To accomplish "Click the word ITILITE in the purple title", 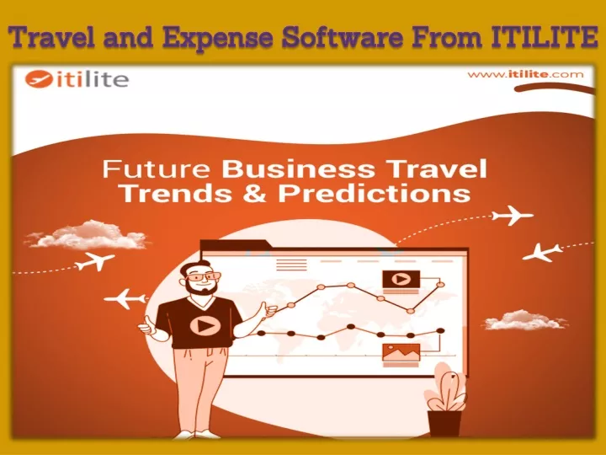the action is pyautogui.click(x=545, y=37).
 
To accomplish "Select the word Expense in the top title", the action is pyautogui.click(x=217, y=39).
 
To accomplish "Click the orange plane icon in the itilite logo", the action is pyautogui.click(x=39, y=79).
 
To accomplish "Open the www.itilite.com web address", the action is pyautogui.click(x=525, y=74).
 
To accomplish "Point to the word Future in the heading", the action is pyautogui.click(x=157, y=169).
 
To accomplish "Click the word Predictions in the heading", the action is pyautogui.click(x=374, y=193).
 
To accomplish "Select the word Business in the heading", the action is pyautogui.click(x=298, y=169).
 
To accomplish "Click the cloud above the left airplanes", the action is pyautogui.click(x=87, y=235).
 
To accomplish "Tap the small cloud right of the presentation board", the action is pyautogui.click(x=524, y=320).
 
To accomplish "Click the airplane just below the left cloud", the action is pyautogui.click(x=94, y=260).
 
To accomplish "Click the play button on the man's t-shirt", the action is pyautogui.click(x=205, y=325).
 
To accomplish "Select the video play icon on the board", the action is pyautogui.click(x=401, y=279).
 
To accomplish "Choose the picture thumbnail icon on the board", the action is pyautogui.click(x=401, y=352).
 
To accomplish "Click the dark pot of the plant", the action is pyautogui.click(x=444, y=423).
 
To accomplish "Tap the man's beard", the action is pyautogui.click(x=201, y=287).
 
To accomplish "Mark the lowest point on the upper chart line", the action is pyautogui.click(x=411, y=311).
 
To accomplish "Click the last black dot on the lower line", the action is pyautogui.click(x=440, y=330).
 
